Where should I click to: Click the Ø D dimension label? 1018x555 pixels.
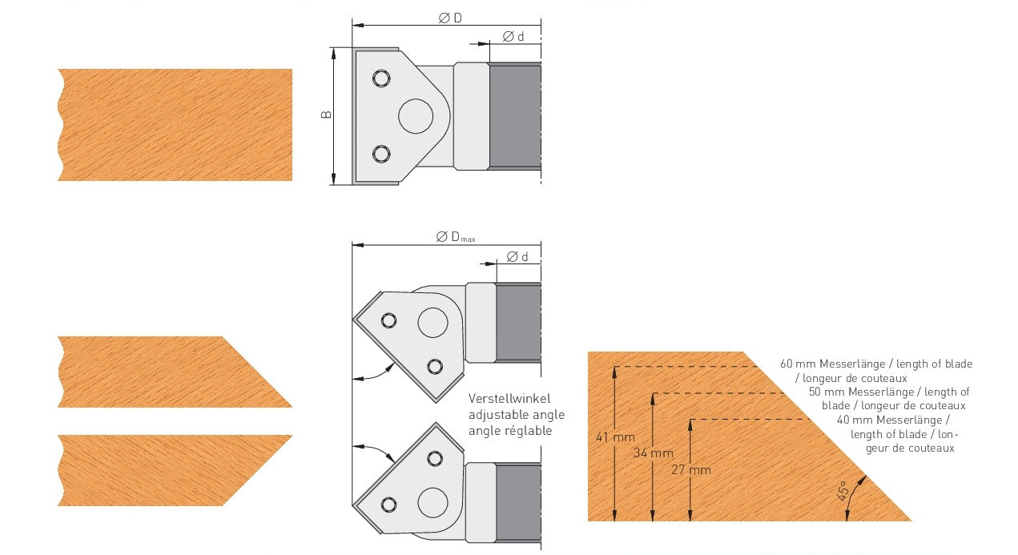450,18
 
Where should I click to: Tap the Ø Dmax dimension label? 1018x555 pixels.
456,237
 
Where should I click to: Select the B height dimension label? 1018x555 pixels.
326,115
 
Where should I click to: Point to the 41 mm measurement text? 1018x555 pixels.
615,437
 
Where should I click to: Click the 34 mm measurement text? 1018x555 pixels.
654,452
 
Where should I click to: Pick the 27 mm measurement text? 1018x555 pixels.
691,469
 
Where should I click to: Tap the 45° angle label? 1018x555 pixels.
842,491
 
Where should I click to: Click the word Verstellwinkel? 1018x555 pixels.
509,399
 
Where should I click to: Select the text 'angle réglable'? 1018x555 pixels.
510,431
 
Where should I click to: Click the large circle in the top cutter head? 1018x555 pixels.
416,116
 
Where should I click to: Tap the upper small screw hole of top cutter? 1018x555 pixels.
381,78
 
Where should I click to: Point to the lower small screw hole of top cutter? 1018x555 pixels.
381,154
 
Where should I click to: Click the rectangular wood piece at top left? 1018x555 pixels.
175,125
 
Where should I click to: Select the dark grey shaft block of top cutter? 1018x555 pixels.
515,116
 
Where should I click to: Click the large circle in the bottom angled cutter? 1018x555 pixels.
433,503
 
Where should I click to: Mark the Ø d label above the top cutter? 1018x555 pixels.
513,36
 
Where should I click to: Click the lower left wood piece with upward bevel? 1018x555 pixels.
175,470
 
